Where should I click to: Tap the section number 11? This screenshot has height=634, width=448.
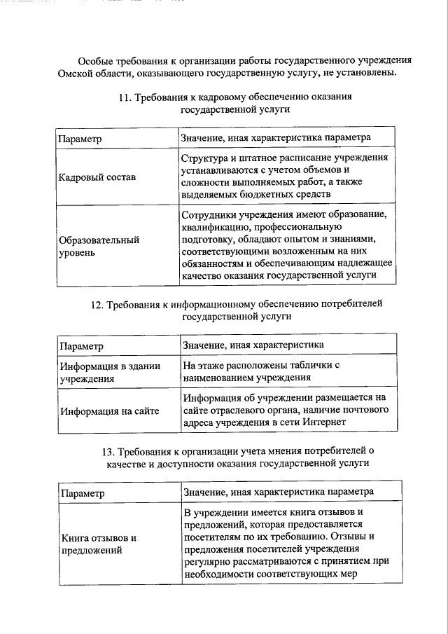pos(125,98)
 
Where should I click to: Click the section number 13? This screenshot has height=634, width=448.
pos(109,450)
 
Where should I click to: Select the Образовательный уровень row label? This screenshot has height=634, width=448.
pos(90,246)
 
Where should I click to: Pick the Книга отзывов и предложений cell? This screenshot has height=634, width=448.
pos(98,544)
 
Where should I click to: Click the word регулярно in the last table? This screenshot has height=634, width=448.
pos(207,561)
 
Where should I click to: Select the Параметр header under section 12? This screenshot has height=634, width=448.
pos(81,346)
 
